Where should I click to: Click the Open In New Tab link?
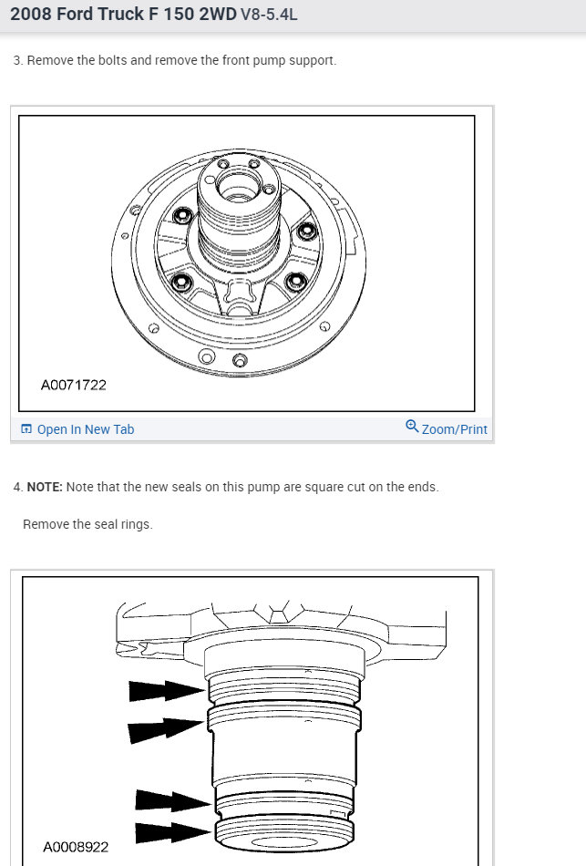tap(85, 429)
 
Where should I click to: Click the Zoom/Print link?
tap(454, 429)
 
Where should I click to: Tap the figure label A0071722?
tap(74, 385)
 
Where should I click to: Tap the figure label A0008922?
tap(76, 847)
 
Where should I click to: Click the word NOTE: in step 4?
tap(44, 487)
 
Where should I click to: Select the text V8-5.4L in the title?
tap(269, 15)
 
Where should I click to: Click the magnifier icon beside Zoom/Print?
tap(412, 427)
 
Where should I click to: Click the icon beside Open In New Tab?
tap(26, 429)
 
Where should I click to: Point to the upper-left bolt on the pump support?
tap(182, 216)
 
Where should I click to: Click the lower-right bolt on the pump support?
tap(294, 282)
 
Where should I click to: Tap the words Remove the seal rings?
tap(87, 524)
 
